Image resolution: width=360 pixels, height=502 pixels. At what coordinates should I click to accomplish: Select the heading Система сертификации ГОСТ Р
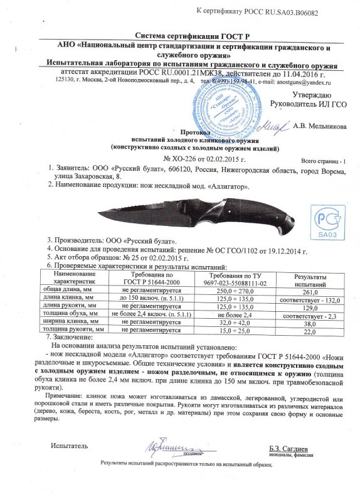coord(181,36)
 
